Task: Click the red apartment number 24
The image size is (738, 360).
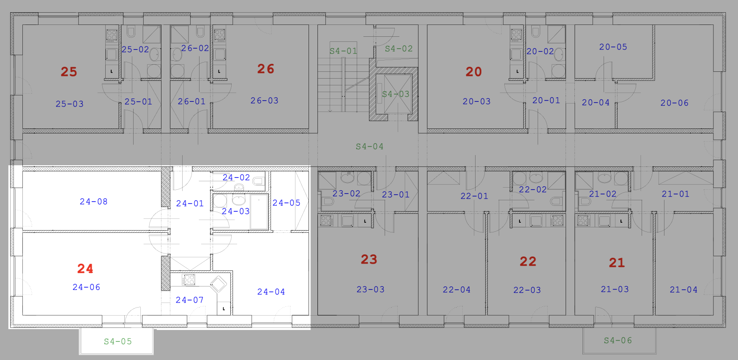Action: (x=85, y=268)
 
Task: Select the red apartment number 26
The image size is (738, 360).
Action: (x=265, y=68)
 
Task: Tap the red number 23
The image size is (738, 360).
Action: (x=369, y=259)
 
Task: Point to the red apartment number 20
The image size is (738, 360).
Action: (x=473, y=71)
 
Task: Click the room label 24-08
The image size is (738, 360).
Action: (x=93, y=202)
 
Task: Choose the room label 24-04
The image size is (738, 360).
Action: (x=271, y=292)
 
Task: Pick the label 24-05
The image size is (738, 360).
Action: (x=286, y=203)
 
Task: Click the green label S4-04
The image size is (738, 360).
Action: (x=369, y=146)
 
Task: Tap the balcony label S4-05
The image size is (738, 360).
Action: (x=118, y=341)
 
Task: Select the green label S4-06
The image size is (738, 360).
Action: (x=618, y=340)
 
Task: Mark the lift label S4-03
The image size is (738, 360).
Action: (x=396, y=94)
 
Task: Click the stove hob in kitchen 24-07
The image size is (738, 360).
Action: (x=189, y=279)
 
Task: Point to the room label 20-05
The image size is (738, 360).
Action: (x=613, y=47)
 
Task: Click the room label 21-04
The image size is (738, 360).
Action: (x=683, y=289)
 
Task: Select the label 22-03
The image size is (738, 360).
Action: (x=527, y=290)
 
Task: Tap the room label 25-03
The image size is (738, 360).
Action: (x=69, y=104)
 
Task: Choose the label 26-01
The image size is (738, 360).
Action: (x=191, y=101)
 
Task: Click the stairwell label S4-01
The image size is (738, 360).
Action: (x=343, y=51)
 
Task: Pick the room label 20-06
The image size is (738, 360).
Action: (x=674, y=103)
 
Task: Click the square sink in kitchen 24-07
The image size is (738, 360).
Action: (x=219, y=284)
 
